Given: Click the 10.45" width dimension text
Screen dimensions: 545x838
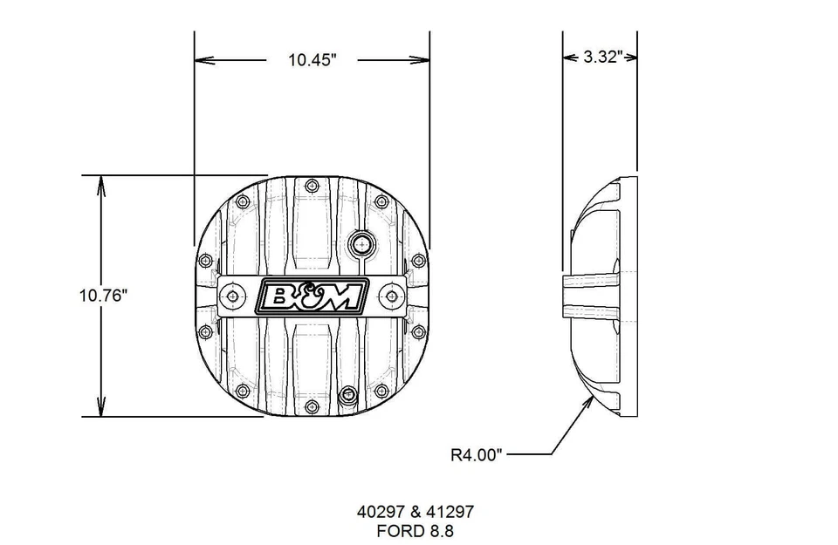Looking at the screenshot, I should pyautogui.click(x=313, y=59).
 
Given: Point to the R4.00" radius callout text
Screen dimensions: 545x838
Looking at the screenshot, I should pyautogui.click(x=477, y=453).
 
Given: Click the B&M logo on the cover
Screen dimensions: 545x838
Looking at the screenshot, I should pyautogui.click(x=312, y=297).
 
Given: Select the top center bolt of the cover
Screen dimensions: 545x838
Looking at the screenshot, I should pyautogui.click(x=312, y=185).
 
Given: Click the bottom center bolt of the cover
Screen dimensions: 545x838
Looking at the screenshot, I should pyautogui.click(x=312, y=405).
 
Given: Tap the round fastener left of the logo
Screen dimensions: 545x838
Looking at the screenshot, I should pyautogui.click(x=232, y=296).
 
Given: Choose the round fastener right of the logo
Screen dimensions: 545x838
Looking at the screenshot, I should pyautogui.click(x=392, y=296).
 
